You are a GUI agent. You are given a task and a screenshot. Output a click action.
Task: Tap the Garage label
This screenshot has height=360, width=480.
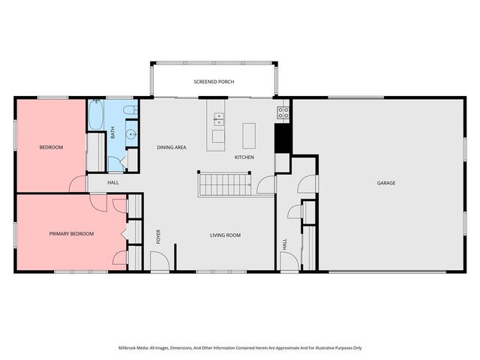tap(386, 183)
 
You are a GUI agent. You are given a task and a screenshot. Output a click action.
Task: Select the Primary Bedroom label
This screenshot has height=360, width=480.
tap(71, 234)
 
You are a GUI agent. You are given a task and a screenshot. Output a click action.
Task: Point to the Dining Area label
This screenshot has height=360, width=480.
tap(171, 148)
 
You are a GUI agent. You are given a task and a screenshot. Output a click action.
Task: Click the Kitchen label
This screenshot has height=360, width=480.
tap(244, 157)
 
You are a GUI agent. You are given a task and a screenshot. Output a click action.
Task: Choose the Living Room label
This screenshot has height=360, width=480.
tap(224, 235)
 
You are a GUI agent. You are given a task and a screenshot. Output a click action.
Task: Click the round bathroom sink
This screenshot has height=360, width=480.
tap(130, 136)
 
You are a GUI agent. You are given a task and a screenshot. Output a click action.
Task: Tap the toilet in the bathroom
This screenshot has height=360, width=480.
tap(130, 111)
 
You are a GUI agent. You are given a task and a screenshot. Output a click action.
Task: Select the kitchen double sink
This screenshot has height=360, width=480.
tap(219, 118)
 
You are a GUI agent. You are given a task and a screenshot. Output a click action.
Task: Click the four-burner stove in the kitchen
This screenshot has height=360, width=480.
tap(283, 113)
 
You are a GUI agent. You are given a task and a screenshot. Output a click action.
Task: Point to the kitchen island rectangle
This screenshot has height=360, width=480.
tap(250, 134)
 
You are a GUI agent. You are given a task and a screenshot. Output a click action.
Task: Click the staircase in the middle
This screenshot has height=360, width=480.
tap(224, 184)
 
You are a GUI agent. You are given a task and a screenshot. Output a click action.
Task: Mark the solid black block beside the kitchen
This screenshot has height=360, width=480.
tap(283, 137)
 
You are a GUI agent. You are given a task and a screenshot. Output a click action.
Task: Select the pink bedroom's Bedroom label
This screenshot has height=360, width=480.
tap(51, 148)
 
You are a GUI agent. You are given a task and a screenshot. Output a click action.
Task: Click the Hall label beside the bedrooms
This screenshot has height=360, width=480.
tap(112, 182)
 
